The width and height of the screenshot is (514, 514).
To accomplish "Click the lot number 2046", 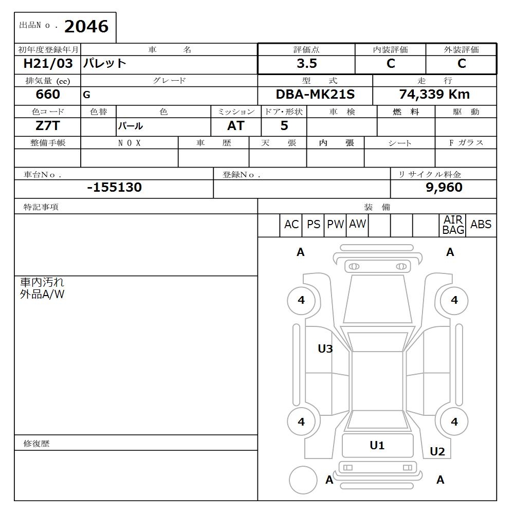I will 86,26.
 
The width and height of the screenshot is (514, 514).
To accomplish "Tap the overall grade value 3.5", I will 306,64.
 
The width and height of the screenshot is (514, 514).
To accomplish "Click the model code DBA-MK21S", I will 315,95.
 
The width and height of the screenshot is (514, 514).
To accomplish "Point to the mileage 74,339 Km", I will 434,95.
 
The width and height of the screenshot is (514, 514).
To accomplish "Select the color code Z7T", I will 47,125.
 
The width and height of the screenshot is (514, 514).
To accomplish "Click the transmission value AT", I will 235,126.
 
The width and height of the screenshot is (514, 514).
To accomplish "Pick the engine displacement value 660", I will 47,95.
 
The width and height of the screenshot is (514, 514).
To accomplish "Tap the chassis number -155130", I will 114,187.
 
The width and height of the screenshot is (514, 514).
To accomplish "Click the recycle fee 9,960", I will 444,188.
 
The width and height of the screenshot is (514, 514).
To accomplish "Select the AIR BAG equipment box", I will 453,225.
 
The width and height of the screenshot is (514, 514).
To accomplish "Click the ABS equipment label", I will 481,225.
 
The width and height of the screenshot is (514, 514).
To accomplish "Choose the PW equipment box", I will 335,225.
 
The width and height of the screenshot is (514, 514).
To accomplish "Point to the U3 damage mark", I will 325,349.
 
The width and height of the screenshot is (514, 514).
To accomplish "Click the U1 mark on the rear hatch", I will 377,446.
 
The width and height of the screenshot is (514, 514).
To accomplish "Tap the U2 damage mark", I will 437,452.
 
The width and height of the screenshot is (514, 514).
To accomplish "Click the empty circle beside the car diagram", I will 303,480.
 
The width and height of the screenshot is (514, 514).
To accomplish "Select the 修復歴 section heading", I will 36,443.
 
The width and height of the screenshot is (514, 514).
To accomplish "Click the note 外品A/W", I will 42,295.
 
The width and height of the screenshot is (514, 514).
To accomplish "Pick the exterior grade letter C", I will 461,64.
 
